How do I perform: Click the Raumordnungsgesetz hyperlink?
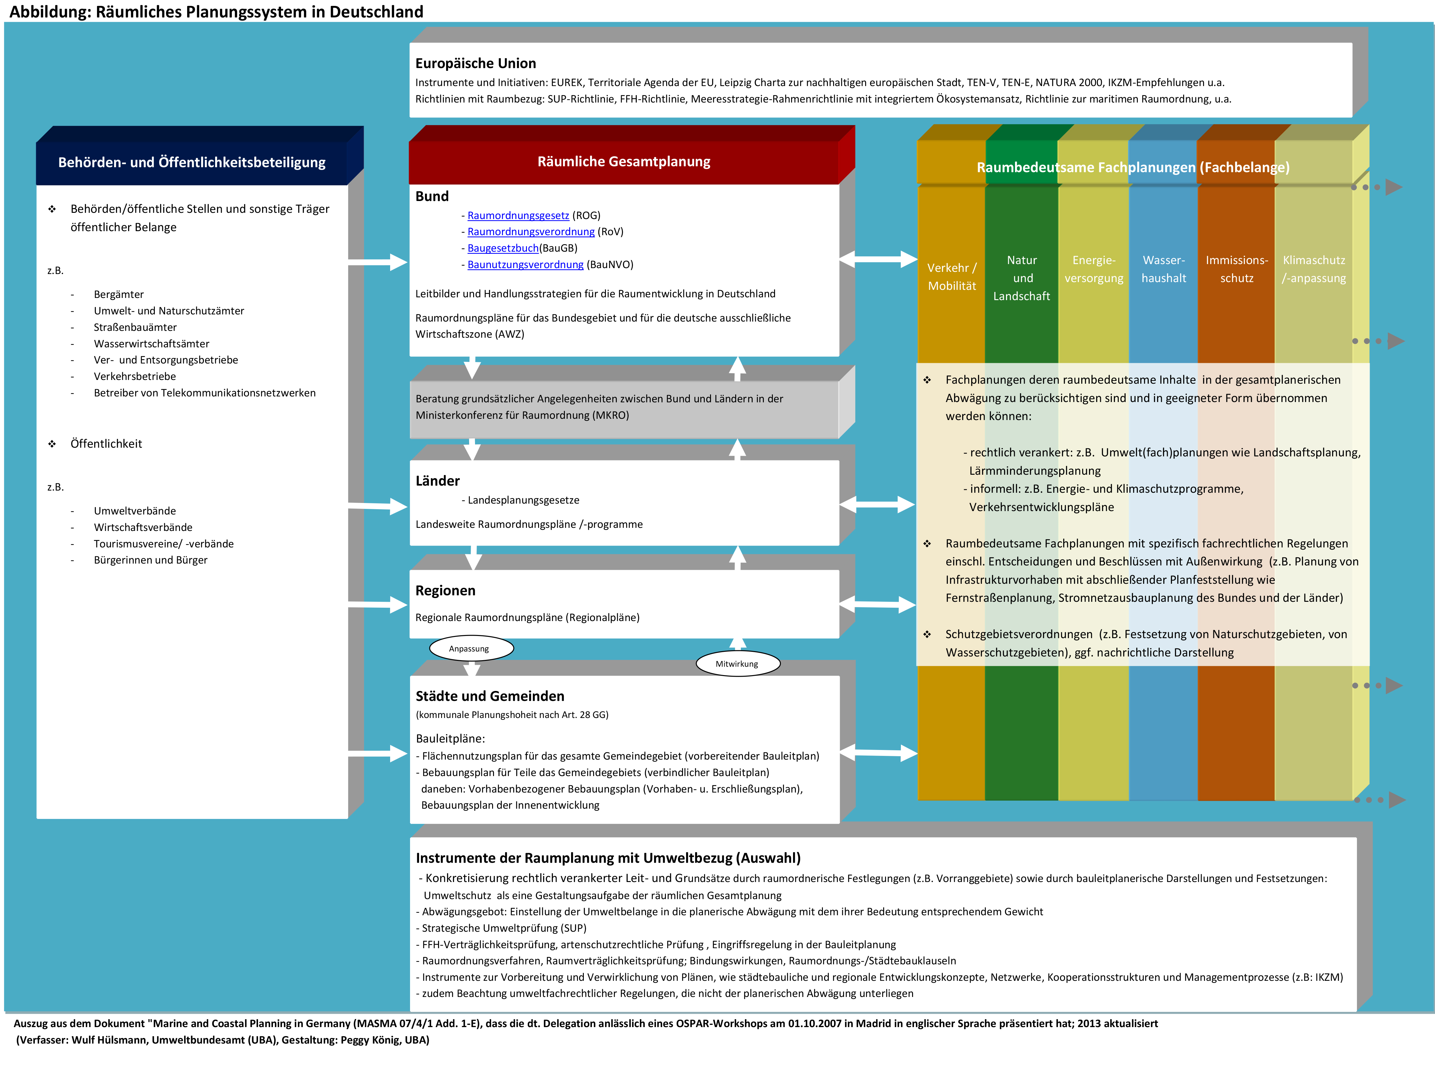[x=518, y=215]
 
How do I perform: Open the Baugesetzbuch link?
[x=502, y=248]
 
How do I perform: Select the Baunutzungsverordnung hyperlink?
[x=525, y=264]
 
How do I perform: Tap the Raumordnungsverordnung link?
[x=531, y=231]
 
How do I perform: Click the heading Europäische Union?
[x=475, y=63]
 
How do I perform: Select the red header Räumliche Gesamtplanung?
[x=624, y=161]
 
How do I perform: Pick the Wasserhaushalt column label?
[x=1164, y=269]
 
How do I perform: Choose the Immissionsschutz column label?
[x=1236, y=269]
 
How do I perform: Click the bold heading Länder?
[x=437, y=481]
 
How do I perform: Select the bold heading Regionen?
[x=445, y=591]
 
